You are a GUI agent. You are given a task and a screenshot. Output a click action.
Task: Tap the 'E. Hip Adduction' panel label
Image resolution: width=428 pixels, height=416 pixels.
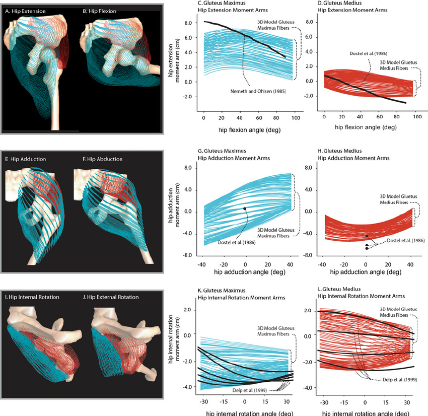pyautogui.click(x=25, y=159)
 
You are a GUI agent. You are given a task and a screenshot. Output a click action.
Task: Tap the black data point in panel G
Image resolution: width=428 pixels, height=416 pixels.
pyautogui.click(x=245, y=209)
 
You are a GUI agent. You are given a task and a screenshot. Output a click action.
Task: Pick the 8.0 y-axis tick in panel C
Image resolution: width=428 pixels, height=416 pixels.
pyautogui.click(x=187, y=23)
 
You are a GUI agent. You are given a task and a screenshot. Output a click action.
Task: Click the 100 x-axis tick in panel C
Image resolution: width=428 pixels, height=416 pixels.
pyautogui.click(x=296, y=118)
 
